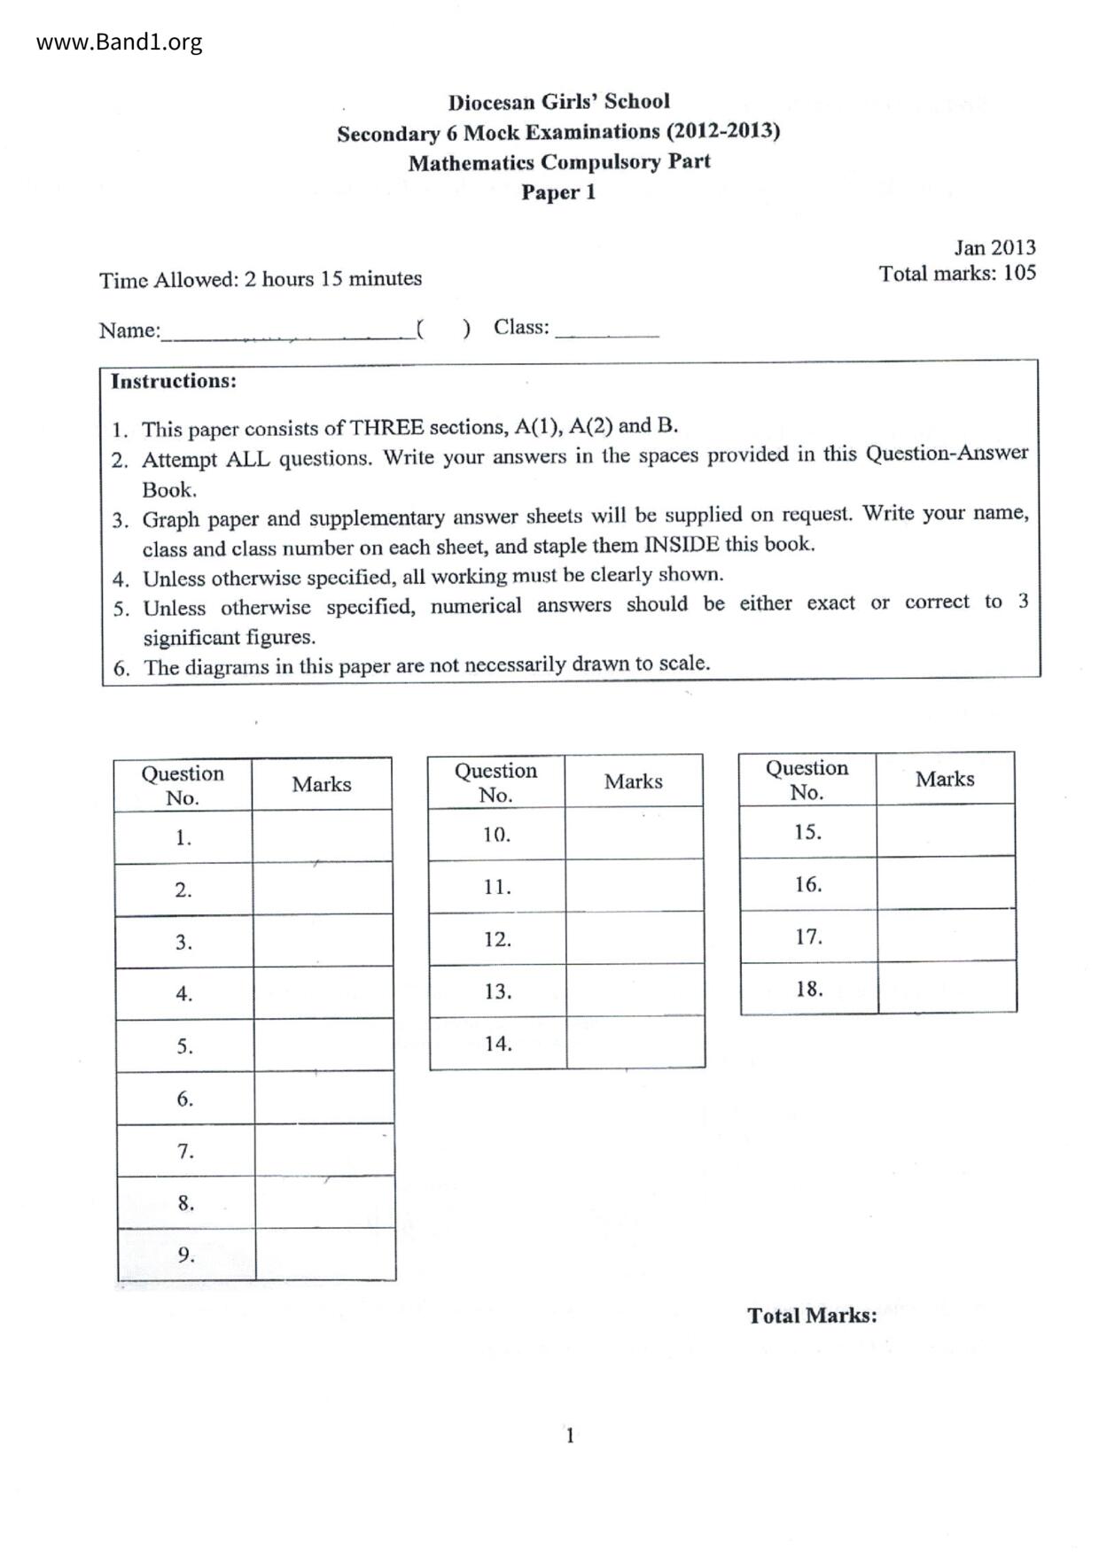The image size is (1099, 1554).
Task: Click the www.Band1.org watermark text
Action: point(119,42)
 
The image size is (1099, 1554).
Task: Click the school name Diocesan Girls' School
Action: point(558,102)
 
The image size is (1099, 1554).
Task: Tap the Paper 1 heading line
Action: point(558,192)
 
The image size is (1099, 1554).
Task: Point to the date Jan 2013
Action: point(994,248)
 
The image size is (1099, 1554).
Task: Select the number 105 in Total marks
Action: point(1019,273)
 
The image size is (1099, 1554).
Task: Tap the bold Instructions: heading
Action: point(174,381)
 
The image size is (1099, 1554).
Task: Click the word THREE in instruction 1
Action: point(387,428)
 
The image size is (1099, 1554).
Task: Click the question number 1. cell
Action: point(183,838)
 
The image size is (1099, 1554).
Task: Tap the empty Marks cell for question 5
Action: point(323,1045)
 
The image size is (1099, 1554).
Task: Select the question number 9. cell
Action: point(186,1255)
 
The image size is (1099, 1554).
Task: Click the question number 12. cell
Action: point(497,939)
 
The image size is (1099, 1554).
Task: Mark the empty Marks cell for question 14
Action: point(635,1043)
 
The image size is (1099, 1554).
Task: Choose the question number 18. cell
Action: point(808,989)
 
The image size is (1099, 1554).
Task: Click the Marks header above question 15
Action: point(945,780)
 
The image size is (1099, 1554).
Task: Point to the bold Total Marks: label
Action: point(812,1316)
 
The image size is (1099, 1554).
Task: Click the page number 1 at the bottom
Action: point(570,1435)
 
